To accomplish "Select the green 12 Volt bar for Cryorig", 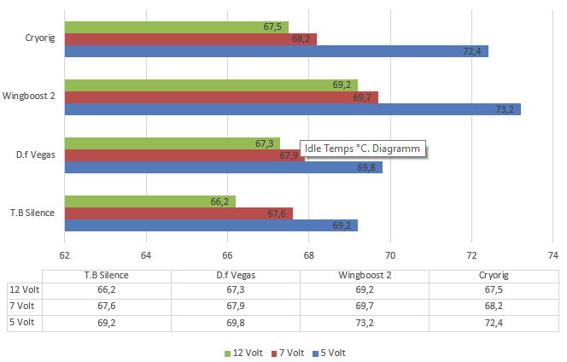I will [x=176, y=27].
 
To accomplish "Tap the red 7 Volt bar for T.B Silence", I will [x=178, y=213].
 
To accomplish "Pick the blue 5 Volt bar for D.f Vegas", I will [x=223, y=167].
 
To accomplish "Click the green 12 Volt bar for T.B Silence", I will [x=149, y=201].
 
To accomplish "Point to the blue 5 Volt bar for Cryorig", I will [x=276, y=51].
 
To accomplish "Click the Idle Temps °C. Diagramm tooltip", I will [x=363, y=149].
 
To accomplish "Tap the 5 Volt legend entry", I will [x=330, y=353].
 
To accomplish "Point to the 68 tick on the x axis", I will [x=309, y=255].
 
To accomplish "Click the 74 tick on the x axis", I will [x=553, y=255].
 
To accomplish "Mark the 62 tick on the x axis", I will [x=64, y=255].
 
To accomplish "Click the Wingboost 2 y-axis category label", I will [x=30, y=96].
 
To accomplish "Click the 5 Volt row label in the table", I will [x=23, y=322].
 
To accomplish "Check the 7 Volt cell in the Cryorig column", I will [x=494, y=306].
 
